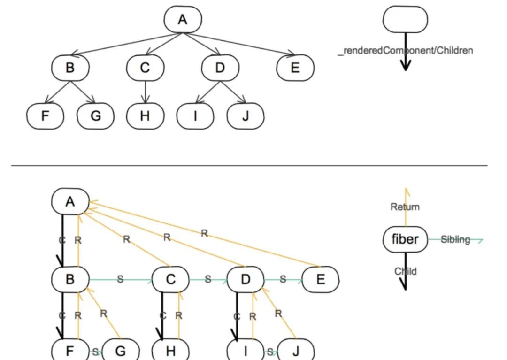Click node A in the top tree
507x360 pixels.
pyautogui.click(x=183, y=20)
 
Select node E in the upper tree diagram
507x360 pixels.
pyautogui.click(x=295, y=68)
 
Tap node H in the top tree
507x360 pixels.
pyautogui.click(x=145, y=115)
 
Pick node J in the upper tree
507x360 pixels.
pyautogui.click(x=245, y=115)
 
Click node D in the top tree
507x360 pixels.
pyautogui.click(x=220, y=68)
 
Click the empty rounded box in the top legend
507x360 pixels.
pyautogui.click(x=405, y=20)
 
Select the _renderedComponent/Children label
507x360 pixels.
pyautogui.click(x=405, y=50)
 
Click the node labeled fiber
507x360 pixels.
pyautogui.click(x=405, y=239)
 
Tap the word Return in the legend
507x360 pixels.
pyautogui.click(x=405, y=207)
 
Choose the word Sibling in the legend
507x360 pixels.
pyautogui.click(x=455, y=239)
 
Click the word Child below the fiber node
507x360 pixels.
pyautogui.click(x=405, y=271)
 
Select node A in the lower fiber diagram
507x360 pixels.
pyautogui.click(x=70, y=202)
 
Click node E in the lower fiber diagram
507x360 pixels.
pyautogui.click(x=321, y=280)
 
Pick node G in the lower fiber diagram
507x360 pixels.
pyautogui.click(x=120, y=351)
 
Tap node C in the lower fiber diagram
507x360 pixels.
pyautogui.click(x=170, y=280)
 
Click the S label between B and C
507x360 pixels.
pyautogui.click(x=120, y=279)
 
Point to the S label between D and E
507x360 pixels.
pyautogui.click(x=283, y=279)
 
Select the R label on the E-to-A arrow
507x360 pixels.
pyautogui.click(x=204, y=233)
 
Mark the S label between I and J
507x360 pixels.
pyautogui.click(x=270, y=352)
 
